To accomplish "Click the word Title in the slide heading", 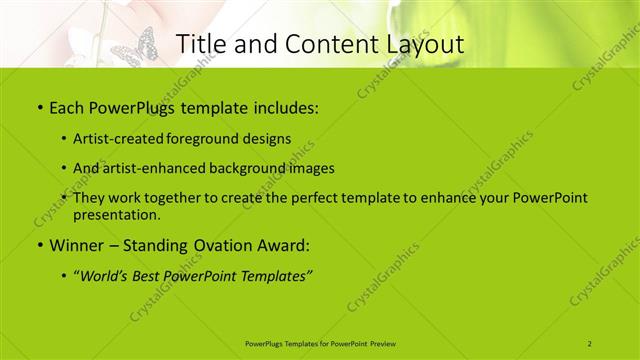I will click(200, 43).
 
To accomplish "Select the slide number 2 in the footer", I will click(590, 341).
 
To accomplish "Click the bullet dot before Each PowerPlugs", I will click(39, 106).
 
